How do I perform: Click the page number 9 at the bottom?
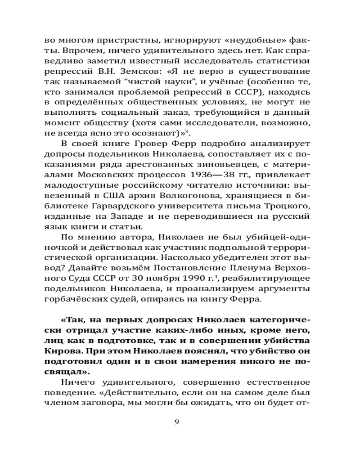coord(176,422)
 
